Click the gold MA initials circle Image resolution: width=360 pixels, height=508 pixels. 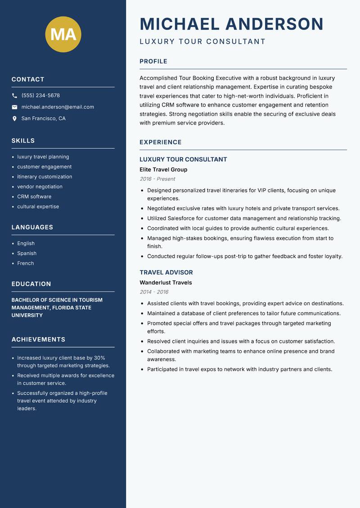(x=63, y=34)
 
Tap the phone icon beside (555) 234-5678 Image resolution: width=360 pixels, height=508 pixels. (x=14, y=96)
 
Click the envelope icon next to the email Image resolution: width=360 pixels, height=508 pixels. (x=14, y=107)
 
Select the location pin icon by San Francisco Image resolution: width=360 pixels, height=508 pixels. (x=14, y=119)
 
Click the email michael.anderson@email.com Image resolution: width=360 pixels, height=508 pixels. (x=58, y=107)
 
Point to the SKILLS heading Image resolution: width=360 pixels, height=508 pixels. (x=23, y=141)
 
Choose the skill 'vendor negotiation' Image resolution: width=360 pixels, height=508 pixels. (x=40, y=187)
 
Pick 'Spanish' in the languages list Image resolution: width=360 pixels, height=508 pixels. (x=27, y=254)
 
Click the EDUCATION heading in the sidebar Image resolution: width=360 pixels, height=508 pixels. (x=31, y=284)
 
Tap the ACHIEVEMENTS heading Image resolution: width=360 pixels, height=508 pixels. (x=38, y=339)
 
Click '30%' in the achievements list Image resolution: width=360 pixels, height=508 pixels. (x=99, y=358)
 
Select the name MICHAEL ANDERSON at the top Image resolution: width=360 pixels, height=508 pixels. (x=231, y=24)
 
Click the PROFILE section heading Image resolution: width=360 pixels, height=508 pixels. (x=153, y=62)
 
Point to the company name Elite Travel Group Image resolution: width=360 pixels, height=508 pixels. (x=163, y=169)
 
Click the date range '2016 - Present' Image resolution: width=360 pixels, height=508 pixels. (x=157, y=179)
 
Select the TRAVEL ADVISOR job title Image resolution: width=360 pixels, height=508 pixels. (x=166, y=272)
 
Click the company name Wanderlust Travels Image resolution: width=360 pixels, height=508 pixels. (x=166, y=283)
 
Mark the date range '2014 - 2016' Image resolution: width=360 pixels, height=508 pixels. (x=154, y=292)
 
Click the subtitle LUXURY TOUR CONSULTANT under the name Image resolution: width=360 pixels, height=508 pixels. (x=202, y=42)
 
